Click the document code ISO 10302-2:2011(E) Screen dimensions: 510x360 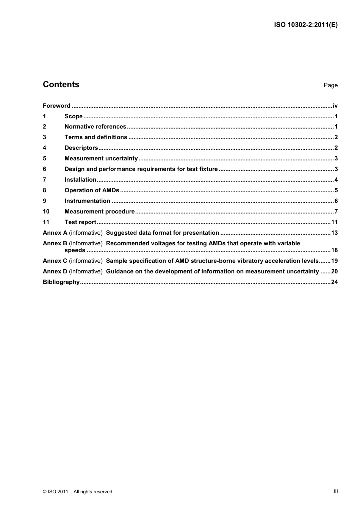(305, 25)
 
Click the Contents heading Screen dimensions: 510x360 (61, 85)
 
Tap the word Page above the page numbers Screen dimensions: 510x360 (330, 85)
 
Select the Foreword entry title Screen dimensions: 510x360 (56, 106)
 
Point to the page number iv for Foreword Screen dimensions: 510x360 (335, 106)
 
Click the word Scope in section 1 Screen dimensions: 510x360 (74, 116)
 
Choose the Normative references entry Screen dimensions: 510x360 (95, 127)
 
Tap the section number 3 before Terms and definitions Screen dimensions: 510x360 (45, 137)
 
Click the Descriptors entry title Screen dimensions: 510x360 (81, 148)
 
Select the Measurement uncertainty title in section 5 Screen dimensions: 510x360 (101, 158)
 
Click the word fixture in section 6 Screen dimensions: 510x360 (208, 169)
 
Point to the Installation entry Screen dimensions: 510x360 (80, 180)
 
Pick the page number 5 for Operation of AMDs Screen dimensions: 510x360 (336, 190)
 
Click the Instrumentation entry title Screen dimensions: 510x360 (87, 201)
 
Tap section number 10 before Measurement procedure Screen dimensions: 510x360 (46, 212)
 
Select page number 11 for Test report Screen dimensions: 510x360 (334, 222)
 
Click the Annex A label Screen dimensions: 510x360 (55, 233)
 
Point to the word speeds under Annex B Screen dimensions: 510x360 (75, 250)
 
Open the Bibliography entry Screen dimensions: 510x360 (61, 282)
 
